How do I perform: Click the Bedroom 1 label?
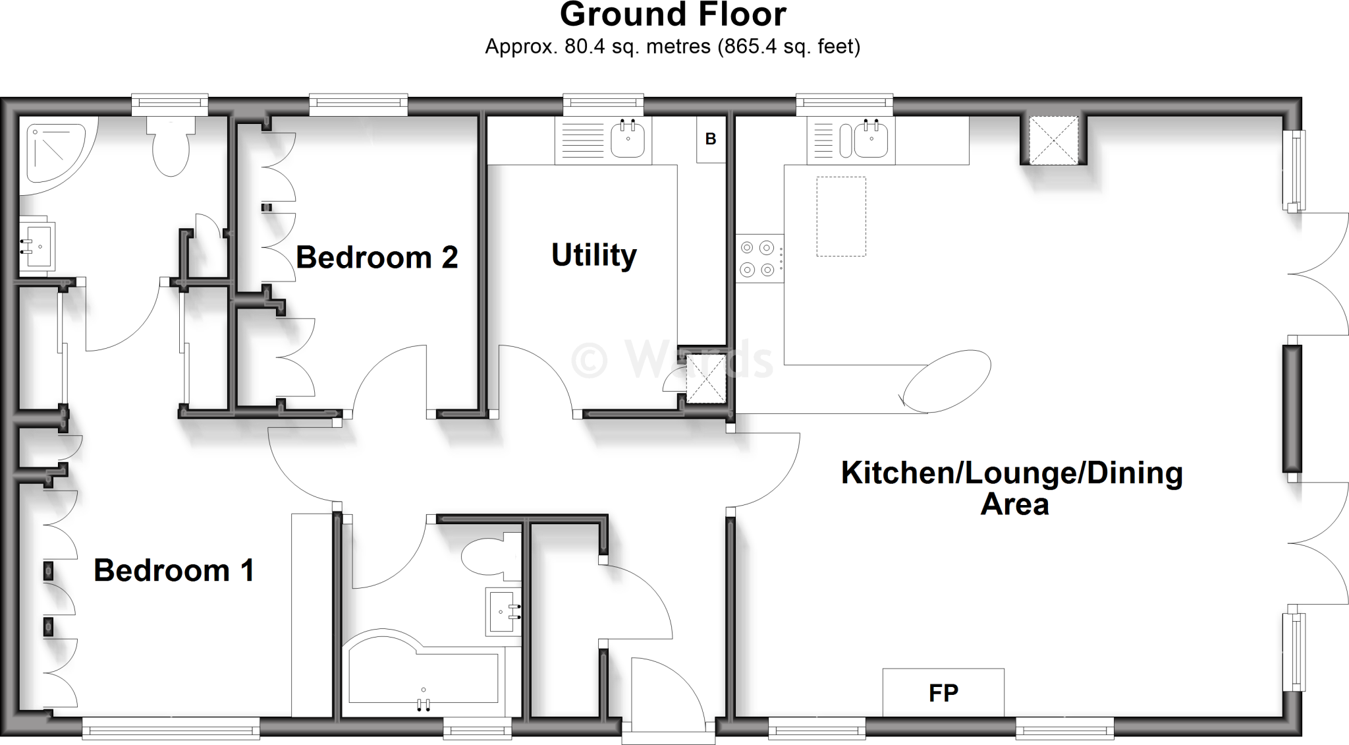[174, 570]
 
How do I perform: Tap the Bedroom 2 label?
[376, 257]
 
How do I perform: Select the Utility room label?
[593, 255]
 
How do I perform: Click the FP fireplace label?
[943, 693]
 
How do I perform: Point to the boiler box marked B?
[711, 139]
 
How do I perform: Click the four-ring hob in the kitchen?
[758, 258]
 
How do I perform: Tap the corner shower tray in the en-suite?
[53, 155]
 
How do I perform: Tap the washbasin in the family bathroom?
[503, 612]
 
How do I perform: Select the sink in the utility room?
[628, 140]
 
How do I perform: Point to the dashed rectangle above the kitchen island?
[841, 216]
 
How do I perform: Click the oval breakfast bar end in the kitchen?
[947, 381]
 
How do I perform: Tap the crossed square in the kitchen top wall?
[1054, 140]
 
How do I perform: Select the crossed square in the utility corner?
[706, 379]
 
